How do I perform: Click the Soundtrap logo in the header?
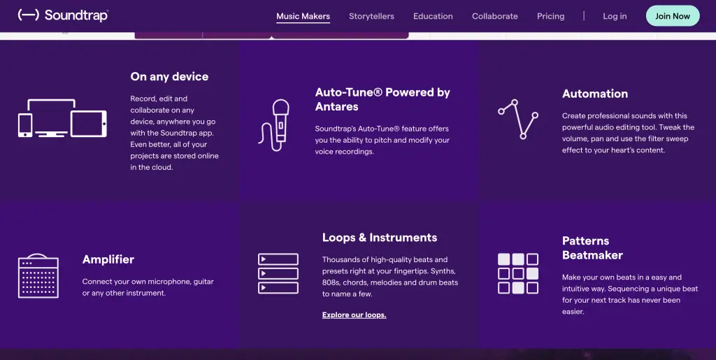tap(63, 15)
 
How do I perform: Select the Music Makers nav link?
tap(303, 16)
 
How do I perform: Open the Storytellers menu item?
tap(371, 16)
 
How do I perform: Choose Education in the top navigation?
tap(433, 16)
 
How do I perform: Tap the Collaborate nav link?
tap(495, 16)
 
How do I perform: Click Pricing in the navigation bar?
tap(551, 16)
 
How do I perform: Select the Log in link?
tap(615, 16)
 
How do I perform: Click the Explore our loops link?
tap(355, 315)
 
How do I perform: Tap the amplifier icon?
tap(38, 276)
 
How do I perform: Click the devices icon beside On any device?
tap(62, 118)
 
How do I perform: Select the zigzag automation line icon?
tap(518, 119)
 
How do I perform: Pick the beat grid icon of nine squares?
tap(518, 274)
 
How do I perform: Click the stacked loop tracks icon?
tap(278, 274)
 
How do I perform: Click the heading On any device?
tap(169, 77)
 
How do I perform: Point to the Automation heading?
tap(595, 94)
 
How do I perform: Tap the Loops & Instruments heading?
tap(380, 238)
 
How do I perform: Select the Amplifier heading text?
tap(108, 259)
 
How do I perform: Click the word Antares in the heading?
tap(336, 107)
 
